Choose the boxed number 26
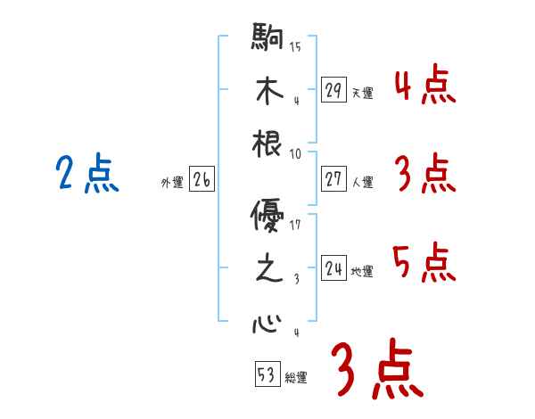point(202,180)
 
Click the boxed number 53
point(267,374)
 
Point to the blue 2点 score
point(86,174)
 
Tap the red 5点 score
point(424,263)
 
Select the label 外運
point(172,183)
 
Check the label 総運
point(296,377)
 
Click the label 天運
point(362,93)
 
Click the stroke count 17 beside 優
point(295,225)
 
